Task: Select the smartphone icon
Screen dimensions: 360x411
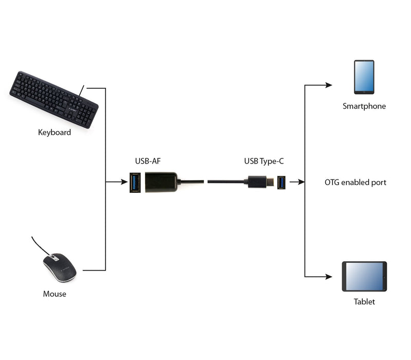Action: (x=364, y=77)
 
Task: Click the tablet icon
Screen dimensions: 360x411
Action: (x=364, y=277)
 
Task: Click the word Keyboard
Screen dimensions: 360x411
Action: (x=55, y=132)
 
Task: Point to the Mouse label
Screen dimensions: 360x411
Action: (x=55, y=294)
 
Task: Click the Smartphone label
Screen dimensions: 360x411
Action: (x=364, y=106)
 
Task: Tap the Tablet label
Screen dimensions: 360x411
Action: (x=364, y=302)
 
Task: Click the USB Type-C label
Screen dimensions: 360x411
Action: (x=264, y=161)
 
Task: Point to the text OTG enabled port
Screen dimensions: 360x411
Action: (x=355, y=182)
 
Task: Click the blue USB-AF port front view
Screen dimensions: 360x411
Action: (x=135, y=183)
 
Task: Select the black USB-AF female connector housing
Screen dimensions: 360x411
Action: (x=161, y=182)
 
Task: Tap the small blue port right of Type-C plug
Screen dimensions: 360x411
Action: (x=281, y=182)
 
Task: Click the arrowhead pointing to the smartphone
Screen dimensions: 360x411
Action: (x=329, y=85)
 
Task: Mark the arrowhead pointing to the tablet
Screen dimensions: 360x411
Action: (x=329, y=277)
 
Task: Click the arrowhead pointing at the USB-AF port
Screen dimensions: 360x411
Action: (x=124, y=182)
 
